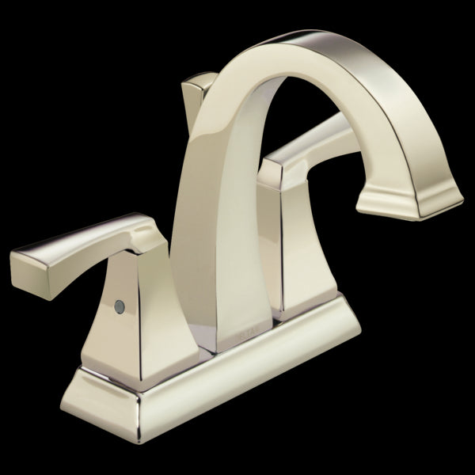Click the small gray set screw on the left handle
120,303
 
